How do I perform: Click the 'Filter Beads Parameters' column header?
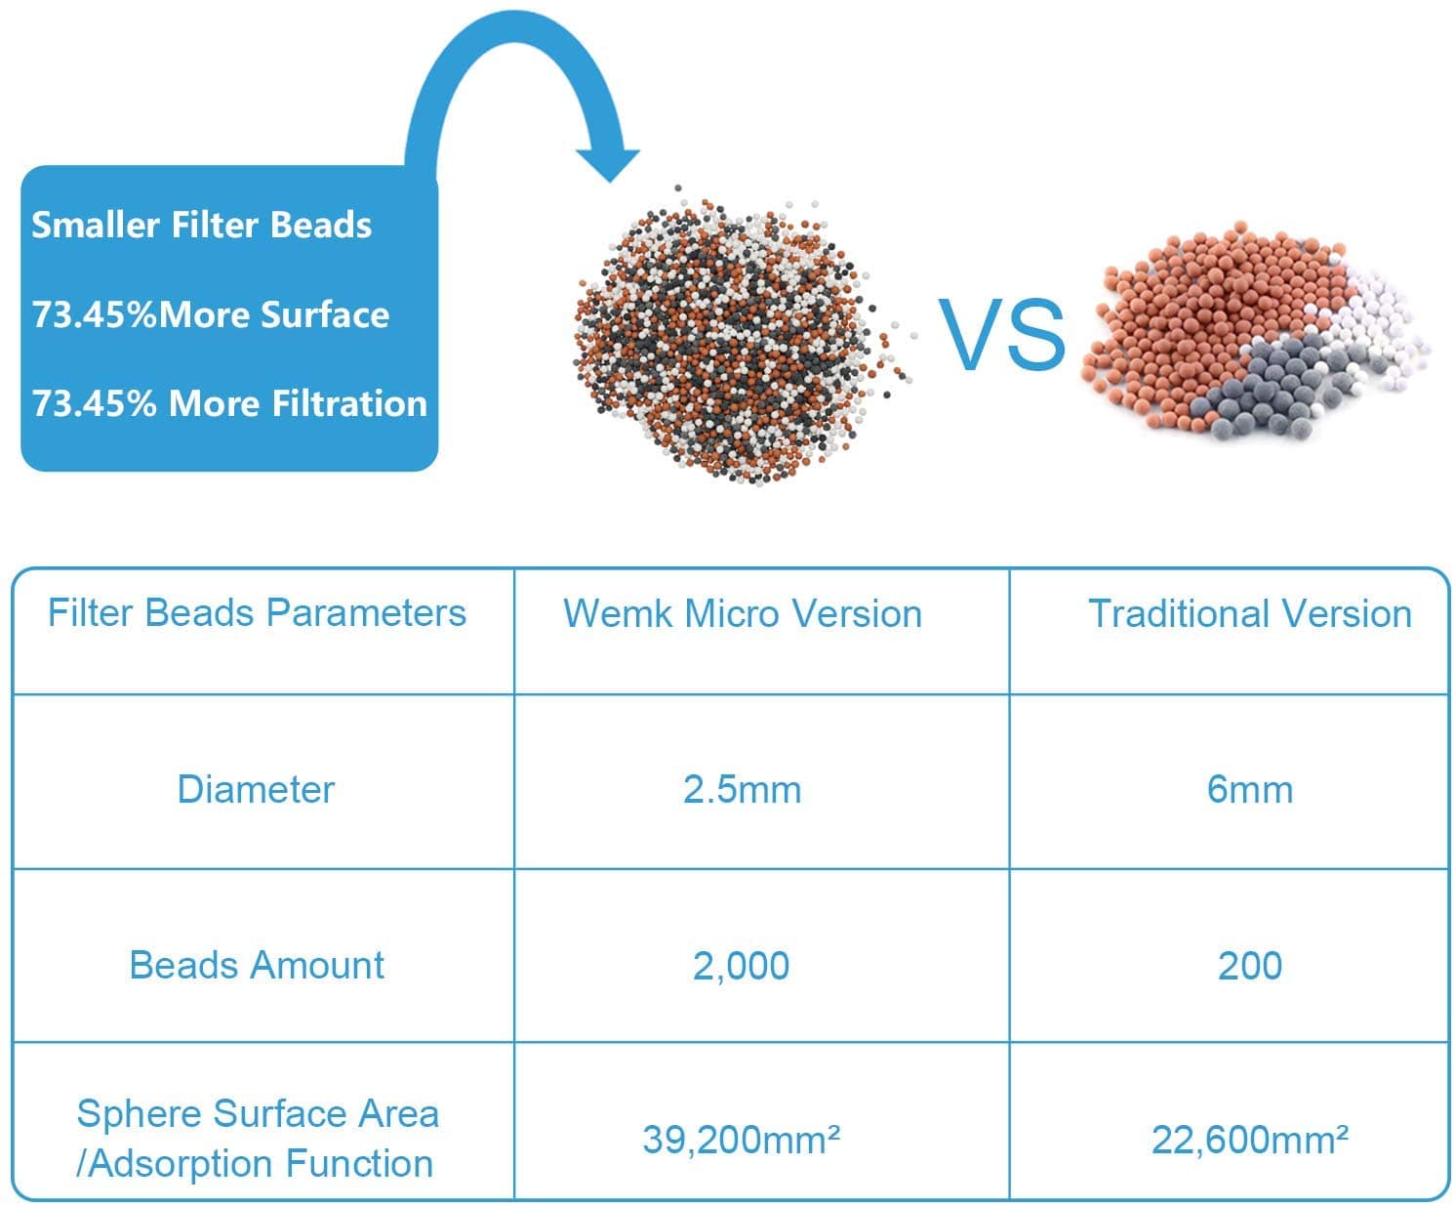coord(257,613)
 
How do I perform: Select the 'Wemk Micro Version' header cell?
coord(743,614)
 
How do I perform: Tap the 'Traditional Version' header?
coord(1250,614)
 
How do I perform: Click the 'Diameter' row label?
coord(256,790)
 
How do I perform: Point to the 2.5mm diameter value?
coord(742,790)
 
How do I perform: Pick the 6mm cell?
coord(1250,790)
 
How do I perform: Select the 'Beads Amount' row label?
coord(257,966)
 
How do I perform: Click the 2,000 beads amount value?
coord(742,967)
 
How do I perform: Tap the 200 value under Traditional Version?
coord(1250,966)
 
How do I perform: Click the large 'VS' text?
coord(1001,334)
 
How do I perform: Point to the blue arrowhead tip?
coord(610,182)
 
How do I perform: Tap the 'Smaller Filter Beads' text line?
coord(201,226)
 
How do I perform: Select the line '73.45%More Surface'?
coord(211,314)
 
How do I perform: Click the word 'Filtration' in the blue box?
coord(349,404)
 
